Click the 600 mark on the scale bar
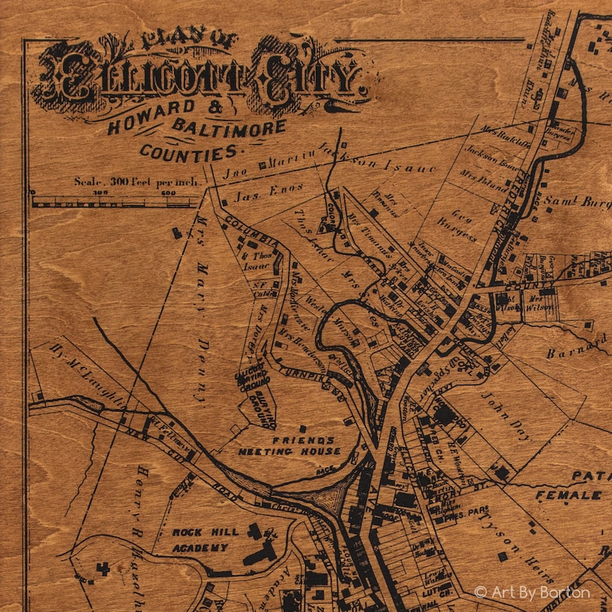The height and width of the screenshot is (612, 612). point(168,193)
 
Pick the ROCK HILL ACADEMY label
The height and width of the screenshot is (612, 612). point(200,540)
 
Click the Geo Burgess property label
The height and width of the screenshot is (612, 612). point(458,220)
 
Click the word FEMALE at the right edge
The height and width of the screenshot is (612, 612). point(569,494)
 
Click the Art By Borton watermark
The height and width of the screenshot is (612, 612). point(532,592)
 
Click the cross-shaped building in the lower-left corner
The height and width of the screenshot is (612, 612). point(102,570)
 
